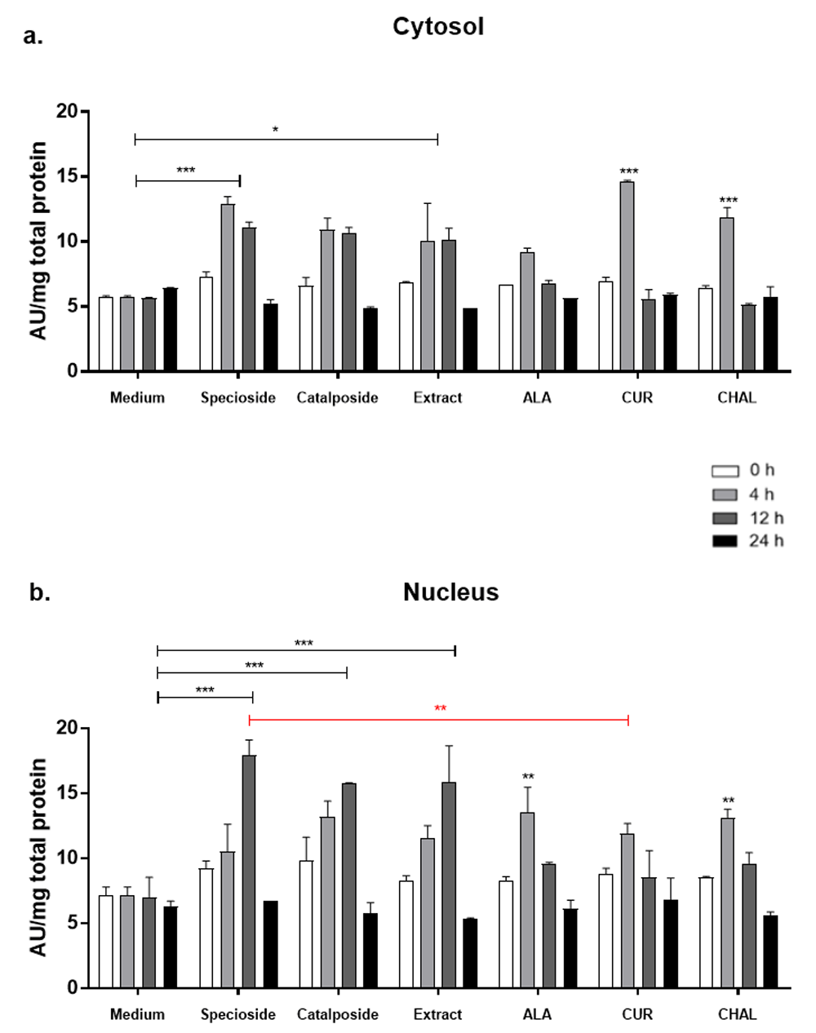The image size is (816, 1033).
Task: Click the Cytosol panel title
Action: (x=438, y=26)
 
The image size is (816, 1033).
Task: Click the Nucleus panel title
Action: (x=450, y=592)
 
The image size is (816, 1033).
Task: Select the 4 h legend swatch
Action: (x=725, y=494)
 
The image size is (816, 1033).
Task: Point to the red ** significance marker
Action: (x=440, y=708)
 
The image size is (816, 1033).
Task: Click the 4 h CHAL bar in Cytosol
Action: (x=726, y=294)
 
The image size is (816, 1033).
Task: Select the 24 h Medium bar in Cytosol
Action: (x=170, y=330)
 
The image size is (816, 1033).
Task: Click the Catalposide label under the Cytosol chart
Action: (x=337, y=398)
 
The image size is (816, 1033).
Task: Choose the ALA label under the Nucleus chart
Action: (x=537, y=1014)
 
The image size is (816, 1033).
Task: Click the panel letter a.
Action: (x=33, y=36)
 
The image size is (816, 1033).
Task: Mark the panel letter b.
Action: (x=39, y=592)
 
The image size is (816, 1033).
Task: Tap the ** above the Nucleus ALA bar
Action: (x=528, y=777)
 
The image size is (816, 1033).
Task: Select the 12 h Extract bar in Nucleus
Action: (x=449, y=884)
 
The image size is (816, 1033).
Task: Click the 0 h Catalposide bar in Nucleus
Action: (x=306, y=924)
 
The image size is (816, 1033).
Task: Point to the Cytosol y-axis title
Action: (x=38, y=241)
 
